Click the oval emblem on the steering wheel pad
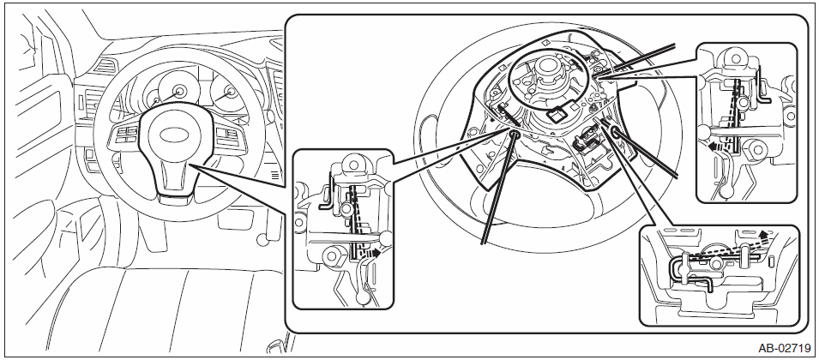click(175, 134)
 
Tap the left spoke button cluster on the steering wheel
click(126, 135)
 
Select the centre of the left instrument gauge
click(180, 92)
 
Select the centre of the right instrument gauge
click(230, 93)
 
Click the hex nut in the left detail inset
click(332, 256)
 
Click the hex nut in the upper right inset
click(754, 151)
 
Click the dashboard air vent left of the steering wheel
click(105, 65)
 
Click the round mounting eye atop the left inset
click(353, 164)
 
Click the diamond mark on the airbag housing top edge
click(545, 43)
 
